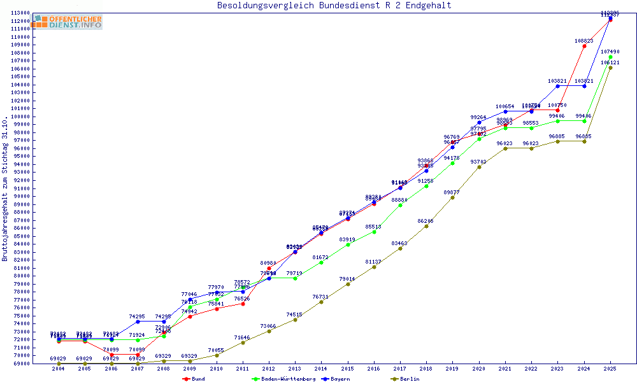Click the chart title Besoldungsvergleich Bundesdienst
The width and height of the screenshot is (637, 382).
click(x=334, y=6)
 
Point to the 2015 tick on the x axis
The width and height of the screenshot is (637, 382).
click(x=348, y=369)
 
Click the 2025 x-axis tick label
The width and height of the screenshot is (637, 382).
click(x=610, y=369)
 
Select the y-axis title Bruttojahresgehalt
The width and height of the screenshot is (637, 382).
click(x=5, y=189)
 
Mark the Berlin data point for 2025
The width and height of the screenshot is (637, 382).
click(x=610, y=68)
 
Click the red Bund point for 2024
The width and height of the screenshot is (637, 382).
click(x=584, y=46)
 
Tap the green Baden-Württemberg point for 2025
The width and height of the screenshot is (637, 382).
click(x=610, y=57)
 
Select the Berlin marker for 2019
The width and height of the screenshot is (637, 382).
click(x=452, y=197)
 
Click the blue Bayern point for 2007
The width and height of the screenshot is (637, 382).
click(x=138, y=322)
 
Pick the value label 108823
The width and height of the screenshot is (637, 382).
click(x=584, y=41)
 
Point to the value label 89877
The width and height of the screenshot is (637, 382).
click(x=452, y=192)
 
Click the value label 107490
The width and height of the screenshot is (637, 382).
click(x=610, y=52)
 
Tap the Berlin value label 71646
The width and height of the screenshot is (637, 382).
click(x=242, y=337)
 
